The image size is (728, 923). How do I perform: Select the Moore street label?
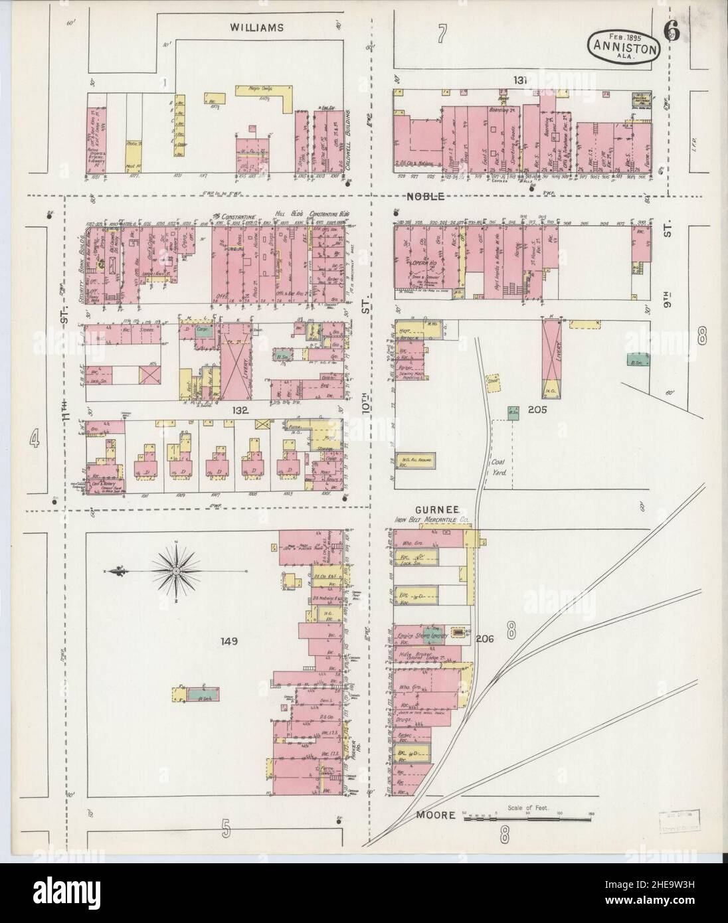click(436, 814)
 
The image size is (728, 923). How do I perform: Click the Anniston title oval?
click(623, 48)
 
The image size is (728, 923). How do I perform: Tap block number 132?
click(240, 411)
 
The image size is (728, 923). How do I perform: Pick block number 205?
click(537, 410)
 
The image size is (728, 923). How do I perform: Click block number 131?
click(519, 80)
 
